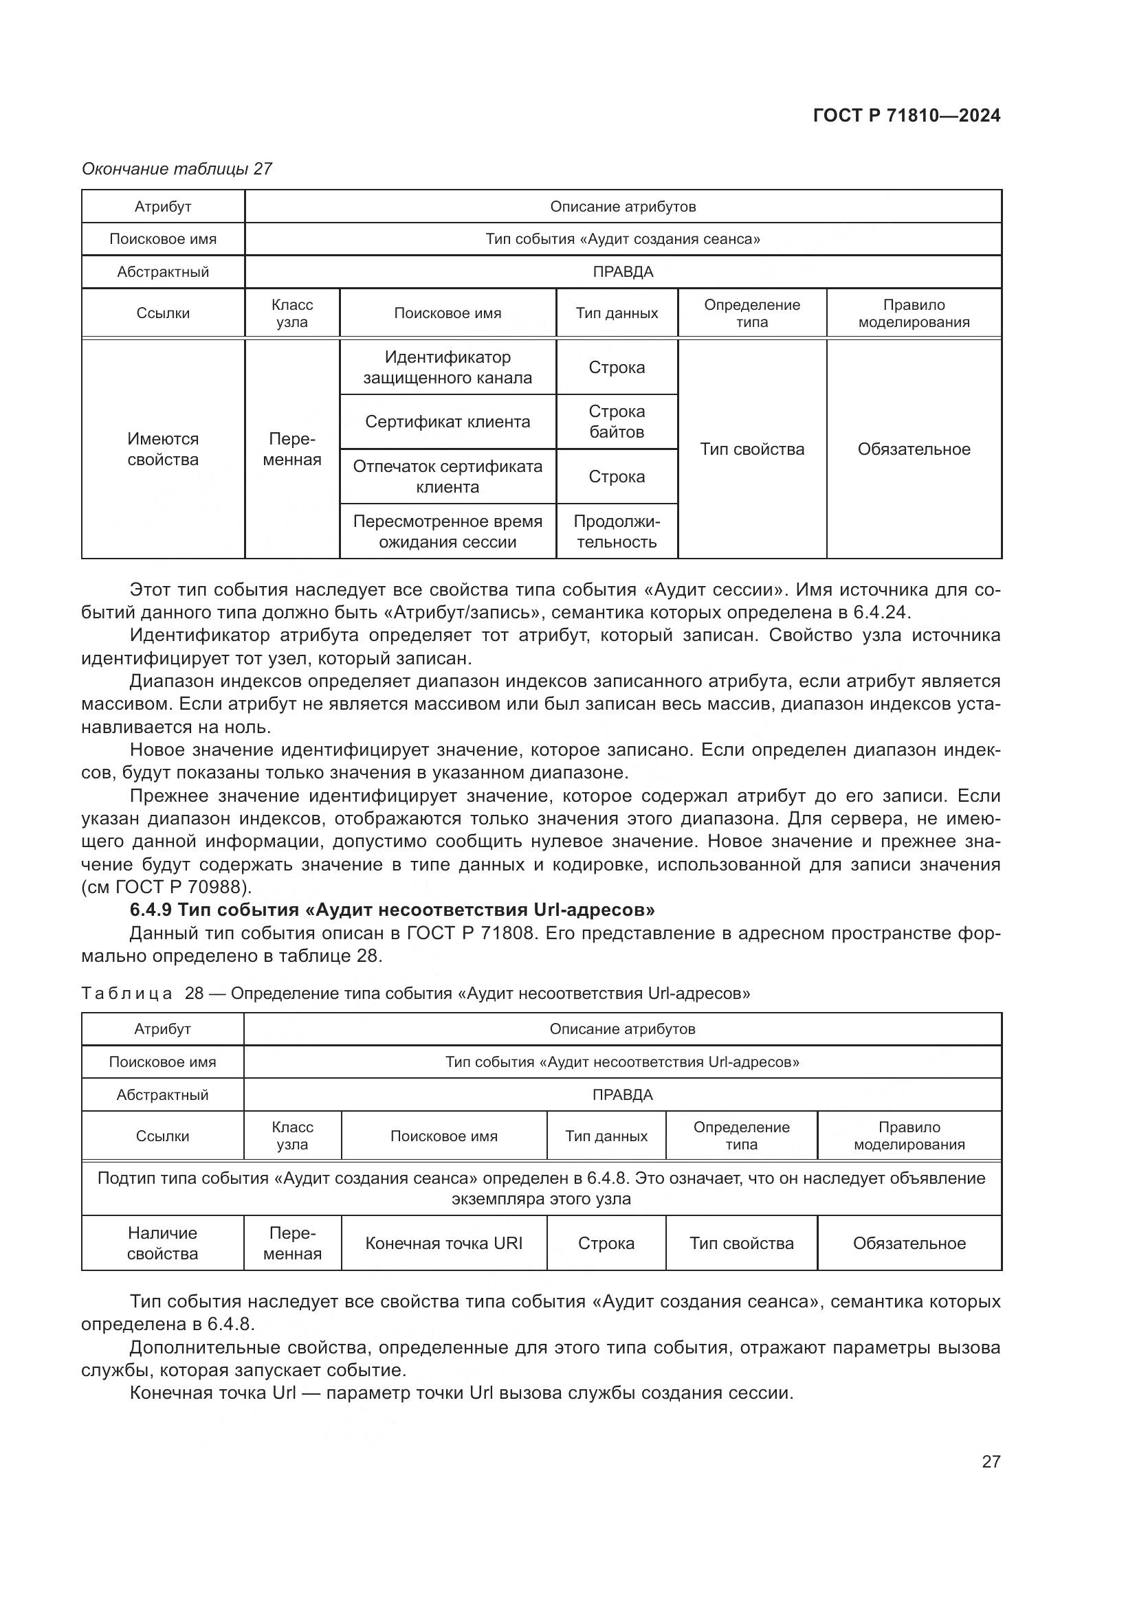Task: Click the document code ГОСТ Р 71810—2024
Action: tap(906, 115)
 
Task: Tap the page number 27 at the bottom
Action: tap(991, 1461)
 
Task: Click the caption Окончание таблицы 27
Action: tap(177, 169)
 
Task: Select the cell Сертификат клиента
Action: tap(448, 421)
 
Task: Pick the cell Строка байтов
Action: tap(616, 421)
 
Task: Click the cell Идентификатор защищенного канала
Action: tap(448, 367)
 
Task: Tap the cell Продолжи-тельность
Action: tap(616, 531)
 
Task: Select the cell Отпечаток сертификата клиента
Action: tap(448, 476)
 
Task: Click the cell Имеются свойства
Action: tap(162, 449)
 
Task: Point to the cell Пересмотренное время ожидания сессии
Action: tap(448, 531)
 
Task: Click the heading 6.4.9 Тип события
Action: tap(392, 909)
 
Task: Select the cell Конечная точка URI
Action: tap(444, 1243)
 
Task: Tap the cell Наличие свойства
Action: tap(162, 1243)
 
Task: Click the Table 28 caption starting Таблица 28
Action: tap(415, 993)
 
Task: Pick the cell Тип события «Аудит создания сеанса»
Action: tap(622, 238)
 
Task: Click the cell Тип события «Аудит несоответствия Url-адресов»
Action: tap(622, 1061)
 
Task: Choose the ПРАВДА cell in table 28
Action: tap(622, 1094)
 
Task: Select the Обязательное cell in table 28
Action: tap(909, 1243)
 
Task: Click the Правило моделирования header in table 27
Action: tap(914, 313)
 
